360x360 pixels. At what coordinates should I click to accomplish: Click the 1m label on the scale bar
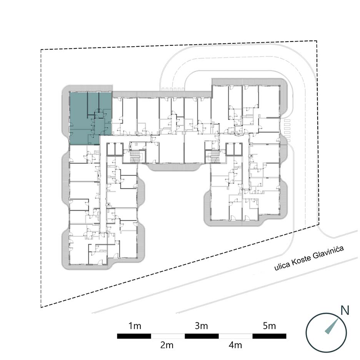click(x=135, y=326)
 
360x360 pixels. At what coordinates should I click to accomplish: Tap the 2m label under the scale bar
click(x=167, y=345)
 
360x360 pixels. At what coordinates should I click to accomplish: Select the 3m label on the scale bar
click(x=202, y=326)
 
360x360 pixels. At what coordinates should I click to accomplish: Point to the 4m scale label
click(x=235, y=345)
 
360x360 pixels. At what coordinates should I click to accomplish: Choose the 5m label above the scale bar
click(x=269, y=326)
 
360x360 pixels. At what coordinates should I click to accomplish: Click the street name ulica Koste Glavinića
click(x=309, y=258)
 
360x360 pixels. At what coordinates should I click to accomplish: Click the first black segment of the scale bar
click(x=134, y=336)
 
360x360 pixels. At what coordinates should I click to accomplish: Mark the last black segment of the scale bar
click(x=269, y=336)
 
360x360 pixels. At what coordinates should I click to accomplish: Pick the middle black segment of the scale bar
click(x=202, y=336)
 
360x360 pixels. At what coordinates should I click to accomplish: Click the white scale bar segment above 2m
click(x=168, y=336)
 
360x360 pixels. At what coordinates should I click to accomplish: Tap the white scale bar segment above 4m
click(x=235, y=336)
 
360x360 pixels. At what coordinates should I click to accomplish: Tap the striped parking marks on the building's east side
click(x=287, y=130)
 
